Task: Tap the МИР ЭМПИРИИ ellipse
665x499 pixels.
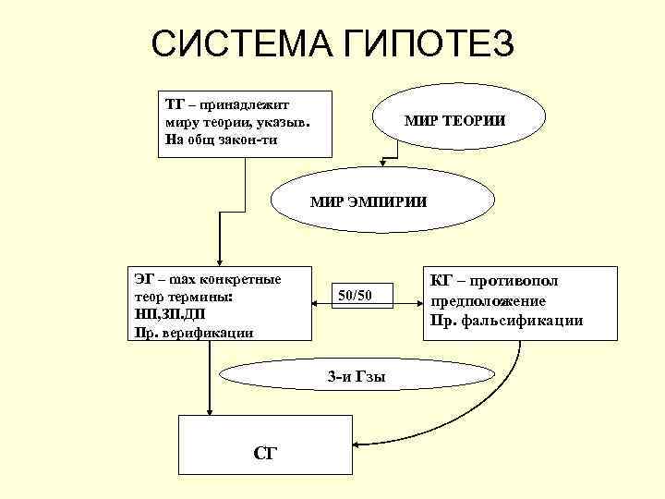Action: coord(369,201)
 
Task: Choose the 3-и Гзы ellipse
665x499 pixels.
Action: coord(357,376)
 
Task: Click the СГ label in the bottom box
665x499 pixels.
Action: coord(265,453)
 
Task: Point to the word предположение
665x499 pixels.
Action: coord(487,301)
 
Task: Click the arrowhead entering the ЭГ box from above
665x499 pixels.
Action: coord(220,262)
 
